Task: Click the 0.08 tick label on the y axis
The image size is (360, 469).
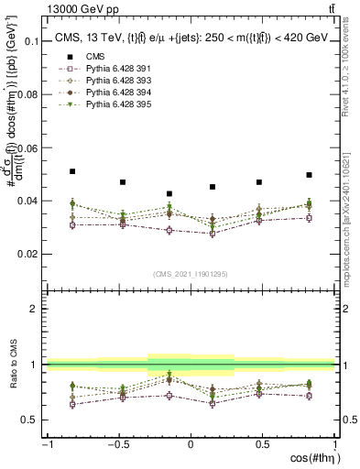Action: point(27,95)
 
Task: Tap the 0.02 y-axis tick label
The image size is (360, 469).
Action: point(27,254)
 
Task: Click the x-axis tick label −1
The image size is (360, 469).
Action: point(46,445)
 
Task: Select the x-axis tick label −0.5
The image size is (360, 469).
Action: point(116,445)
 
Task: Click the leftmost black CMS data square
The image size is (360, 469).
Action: point(72,171)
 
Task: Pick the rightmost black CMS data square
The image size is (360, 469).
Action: point(310,175)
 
